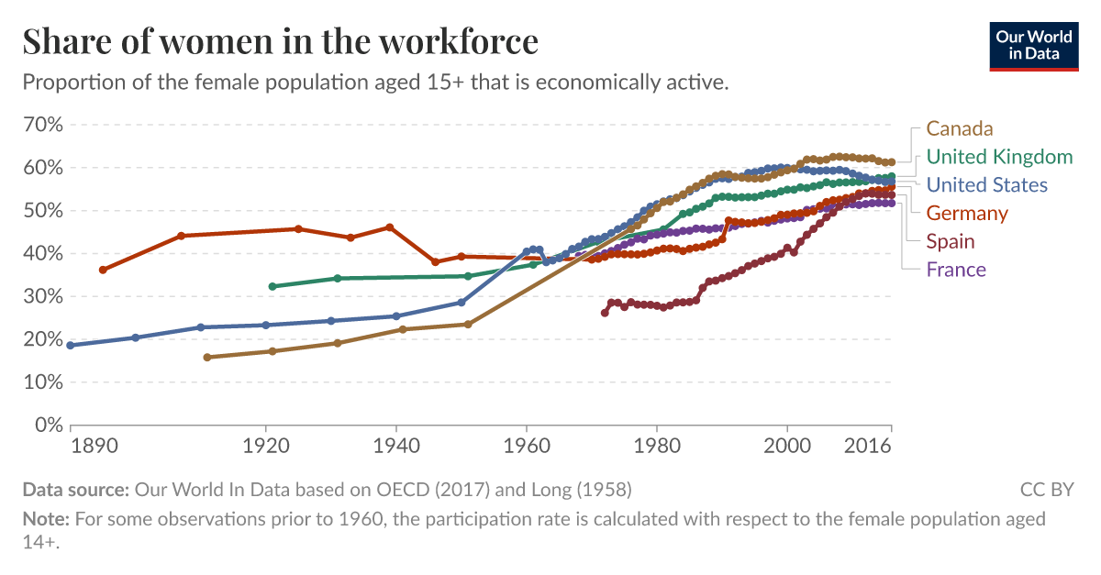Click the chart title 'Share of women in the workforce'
click(280, 42)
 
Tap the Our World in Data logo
click(1034, 45)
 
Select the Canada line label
click(960, 128)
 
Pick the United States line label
click(986, 185)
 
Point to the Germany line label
click(967, 214)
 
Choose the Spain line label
click(951, 241)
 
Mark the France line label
click(956, 270)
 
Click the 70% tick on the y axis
click(42, 125)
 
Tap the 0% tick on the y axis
click(48, 425)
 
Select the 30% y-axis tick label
click(42, 296)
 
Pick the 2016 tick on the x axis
click(869, 447)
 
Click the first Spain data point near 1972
click(605, 313)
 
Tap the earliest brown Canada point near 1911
click(206, 358)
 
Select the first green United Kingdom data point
click(272, 286)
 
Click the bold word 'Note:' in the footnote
click(46, 519)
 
